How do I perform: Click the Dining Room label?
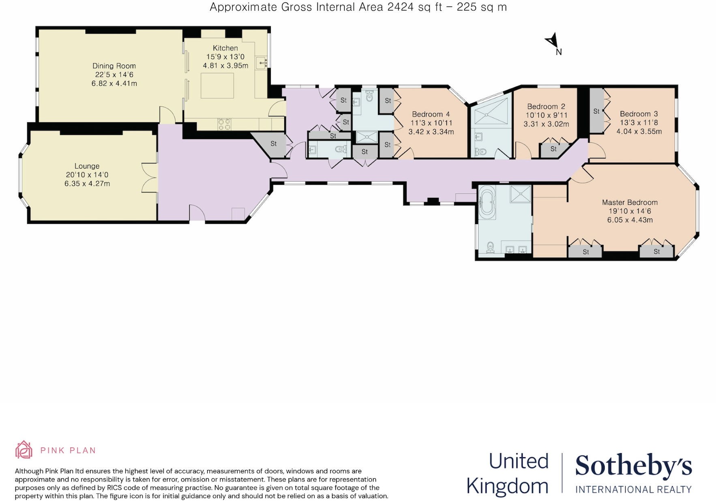coord(114,66)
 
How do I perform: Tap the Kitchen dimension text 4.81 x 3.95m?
coord(225,66)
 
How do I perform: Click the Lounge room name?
coord(87,166)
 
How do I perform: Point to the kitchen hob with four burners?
coord(224,124)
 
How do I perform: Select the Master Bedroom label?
coord(630,202)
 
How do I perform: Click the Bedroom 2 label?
coord(546,106)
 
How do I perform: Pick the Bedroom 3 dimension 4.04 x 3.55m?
coord(639,131)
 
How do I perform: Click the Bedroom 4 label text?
coord(431,114)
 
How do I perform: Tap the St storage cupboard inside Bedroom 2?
coord(553,149)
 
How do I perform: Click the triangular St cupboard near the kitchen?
coord(273,143)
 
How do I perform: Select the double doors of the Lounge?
coord(150,178)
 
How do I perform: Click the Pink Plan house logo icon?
coord(24,450)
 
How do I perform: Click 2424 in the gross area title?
coord(401,7)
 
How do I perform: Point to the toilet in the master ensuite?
coord(491,247)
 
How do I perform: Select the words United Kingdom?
coord(508,473)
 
